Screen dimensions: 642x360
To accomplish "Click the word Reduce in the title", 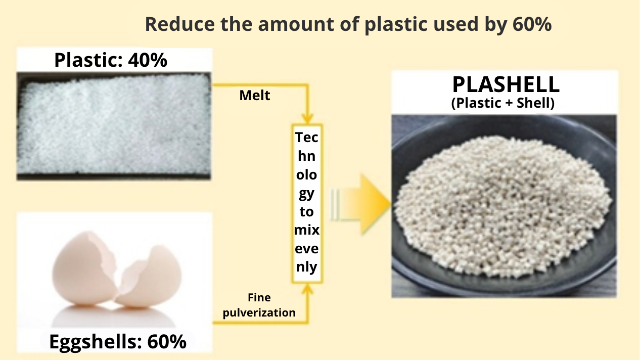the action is [180, 24].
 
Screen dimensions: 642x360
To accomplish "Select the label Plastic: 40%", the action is [111, 60].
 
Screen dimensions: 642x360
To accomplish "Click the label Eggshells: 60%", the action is [118, 342].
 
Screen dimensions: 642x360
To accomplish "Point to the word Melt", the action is [254, 96].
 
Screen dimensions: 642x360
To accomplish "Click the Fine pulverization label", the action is [259, 305].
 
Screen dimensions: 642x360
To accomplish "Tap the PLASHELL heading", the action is [506, 84].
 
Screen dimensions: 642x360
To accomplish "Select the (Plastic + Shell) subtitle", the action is [503, 103].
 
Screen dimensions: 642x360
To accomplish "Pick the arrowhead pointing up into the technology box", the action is [307, 290].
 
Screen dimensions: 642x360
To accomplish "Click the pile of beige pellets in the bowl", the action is [503, 206].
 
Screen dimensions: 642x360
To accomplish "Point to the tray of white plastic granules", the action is [114, 126].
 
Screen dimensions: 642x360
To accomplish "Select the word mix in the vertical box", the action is [307, 230].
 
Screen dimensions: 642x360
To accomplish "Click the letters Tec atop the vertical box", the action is [307, 138].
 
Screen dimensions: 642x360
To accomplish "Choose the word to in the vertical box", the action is [307, 212].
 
